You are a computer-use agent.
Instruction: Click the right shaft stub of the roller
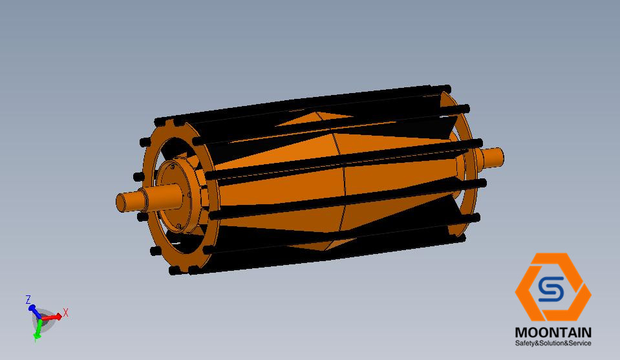pos(493,156)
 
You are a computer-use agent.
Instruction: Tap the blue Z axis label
pos(28,299)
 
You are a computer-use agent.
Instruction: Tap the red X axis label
pos(66,313)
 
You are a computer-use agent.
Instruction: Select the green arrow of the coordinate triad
pos(38,329)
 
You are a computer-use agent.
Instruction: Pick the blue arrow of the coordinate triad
pos(34,310)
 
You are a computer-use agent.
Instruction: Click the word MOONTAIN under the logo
pos(553,332)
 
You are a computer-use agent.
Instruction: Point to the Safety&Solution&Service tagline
pos(553,343)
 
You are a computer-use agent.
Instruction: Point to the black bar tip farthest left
pos(137,176)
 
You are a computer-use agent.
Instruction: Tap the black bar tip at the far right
pos(482,184)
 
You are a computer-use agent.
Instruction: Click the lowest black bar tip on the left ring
pos(175,271)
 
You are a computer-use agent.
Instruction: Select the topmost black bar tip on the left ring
pos(159,122)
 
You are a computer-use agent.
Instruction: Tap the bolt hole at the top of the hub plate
pos(173,167)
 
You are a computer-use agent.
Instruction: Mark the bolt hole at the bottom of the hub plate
pos(178,226)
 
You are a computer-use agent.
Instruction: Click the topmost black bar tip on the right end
pos(446,87)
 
